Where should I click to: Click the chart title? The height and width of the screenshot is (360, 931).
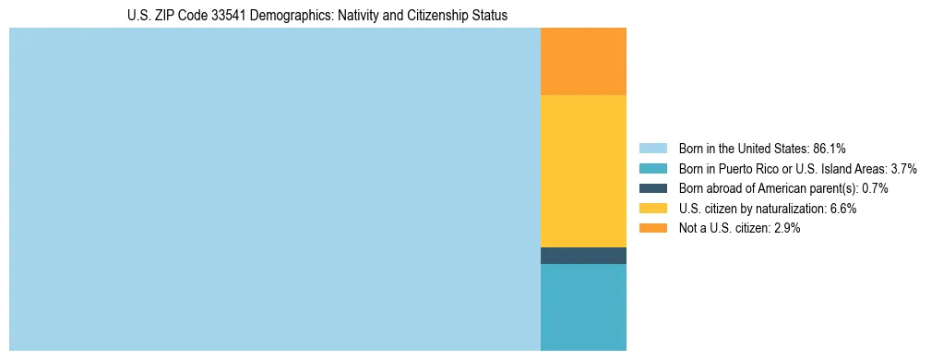[x=317, y=16]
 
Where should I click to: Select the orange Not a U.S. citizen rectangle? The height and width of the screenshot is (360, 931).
[x=583, y=62]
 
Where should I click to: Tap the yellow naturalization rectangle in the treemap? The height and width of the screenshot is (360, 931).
[x=583, y=171]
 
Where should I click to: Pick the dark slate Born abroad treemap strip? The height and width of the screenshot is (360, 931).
[x=583, y=256]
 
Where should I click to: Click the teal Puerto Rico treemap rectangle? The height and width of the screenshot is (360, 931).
[x=583, y=306]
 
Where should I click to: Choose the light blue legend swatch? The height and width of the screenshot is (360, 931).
[x=652, y=148]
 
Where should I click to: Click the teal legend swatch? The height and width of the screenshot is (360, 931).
[x=652, y=168]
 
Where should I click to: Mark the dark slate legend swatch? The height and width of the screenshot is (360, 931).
[x=652, y=188]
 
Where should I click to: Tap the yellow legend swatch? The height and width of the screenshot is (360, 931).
[x=652, y=209]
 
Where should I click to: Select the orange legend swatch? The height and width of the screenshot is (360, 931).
[x=652, y=229]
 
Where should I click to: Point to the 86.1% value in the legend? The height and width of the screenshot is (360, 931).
[x=830, y=148]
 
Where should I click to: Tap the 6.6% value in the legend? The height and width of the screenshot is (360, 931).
[x=842, y=209]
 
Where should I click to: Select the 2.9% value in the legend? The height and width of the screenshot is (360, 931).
[x=785, y=229]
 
